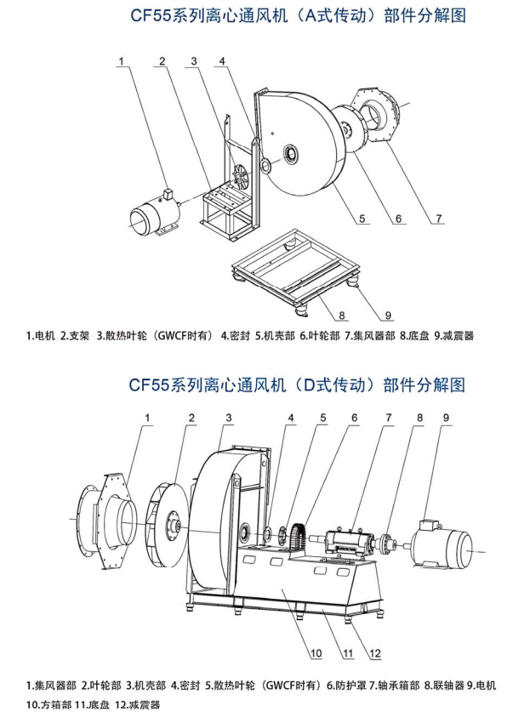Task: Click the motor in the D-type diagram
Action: click(442, 544)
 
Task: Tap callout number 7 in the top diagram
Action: click(439, 218)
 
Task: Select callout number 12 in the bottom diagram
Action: click(375, 652)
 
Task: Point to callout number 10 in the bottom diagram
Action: click(316, 653)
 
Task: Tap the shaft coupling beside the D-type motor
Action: click(388, 544)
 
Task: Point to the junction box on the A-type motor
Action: click(168, 194)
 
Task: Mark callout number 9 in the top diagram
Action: click(388, 316)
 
